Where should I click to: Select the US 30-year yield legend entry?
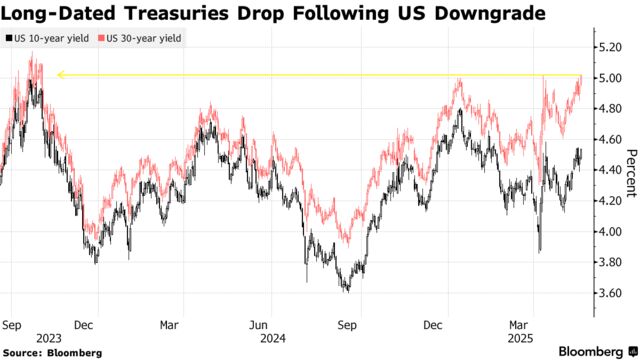tap(142, 38)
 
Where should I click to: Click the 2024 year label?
tap(273, 338)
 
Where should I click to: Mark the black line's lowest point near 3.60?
tap(346, 291)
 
